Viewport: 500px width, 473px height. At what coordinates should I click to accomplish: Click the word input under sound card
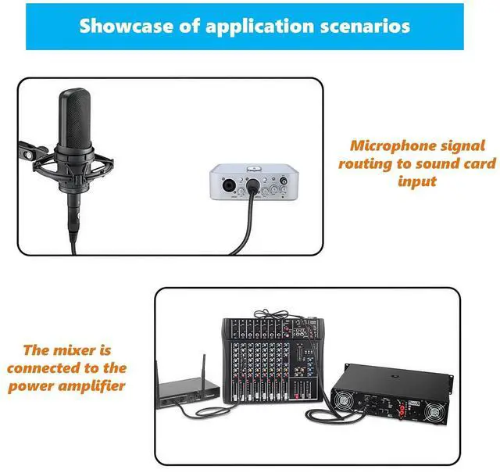pyautogui.click(x=417, y=181)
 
